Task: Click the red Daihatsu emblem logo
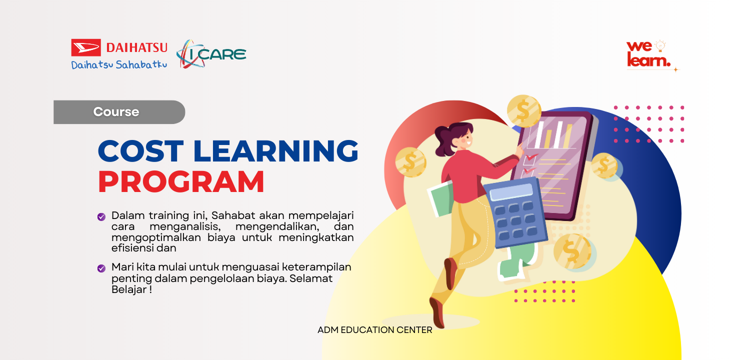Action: (x=86, y=47)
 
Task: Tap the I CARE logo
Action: (x=211, y=54)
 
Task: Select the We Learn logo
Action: (x=648, y=54)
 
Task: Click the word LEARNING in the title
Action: (x=275, y=150)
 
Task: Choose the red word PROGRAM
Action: (x=181, y=182)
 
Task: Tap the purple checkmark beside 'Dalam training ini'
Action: (x=101, y=216)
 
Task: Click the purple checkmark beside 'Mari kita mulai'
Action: (x=101, y=268)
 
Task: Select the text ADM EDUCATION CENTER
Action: (x=374, y=330)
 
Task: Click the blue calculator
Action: (x=515, y=212)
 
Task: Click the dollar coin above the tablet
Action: (x=523, y=111)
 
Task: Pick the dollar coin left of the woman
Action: (x=410, y=161)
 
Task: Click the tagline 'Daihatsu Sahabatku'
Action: (x=119, y=65)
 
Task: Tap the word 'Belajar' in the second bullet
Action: (x=128, y=289)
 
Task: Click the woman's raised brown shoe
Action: (x=450, y=273)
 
